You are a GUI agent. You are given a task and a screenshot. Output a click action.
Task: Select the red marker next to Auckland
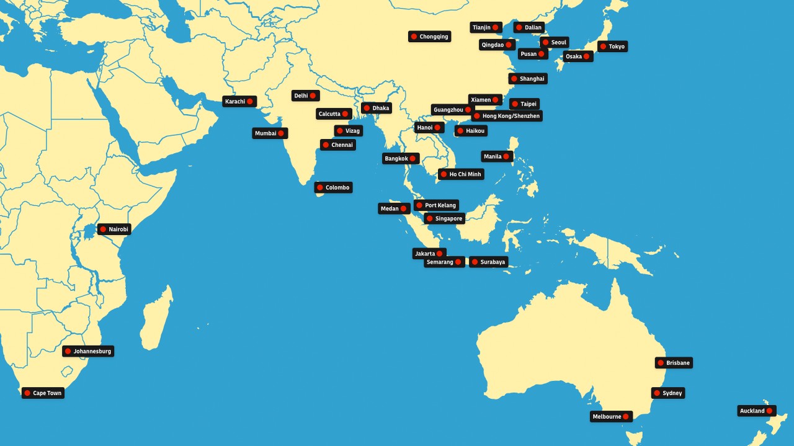769,411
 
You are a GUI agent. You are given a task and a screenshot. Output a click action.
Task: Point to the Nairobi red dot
103,230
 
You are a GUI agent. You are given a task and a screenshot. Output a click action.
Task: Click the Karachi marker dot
250,101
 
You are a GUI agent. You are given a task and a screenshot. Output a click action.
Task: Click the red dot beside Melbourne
626,417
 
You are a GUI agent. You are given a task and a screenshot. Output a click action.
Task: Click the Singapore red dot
429,218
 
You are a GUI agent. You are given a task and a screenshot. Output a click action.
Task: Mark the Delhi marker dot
313,96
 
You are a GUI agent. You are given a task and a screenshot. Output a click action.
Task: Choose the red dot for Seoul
545,42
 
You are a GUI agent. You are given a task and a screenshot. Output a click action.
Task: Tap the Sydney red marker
657,393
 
